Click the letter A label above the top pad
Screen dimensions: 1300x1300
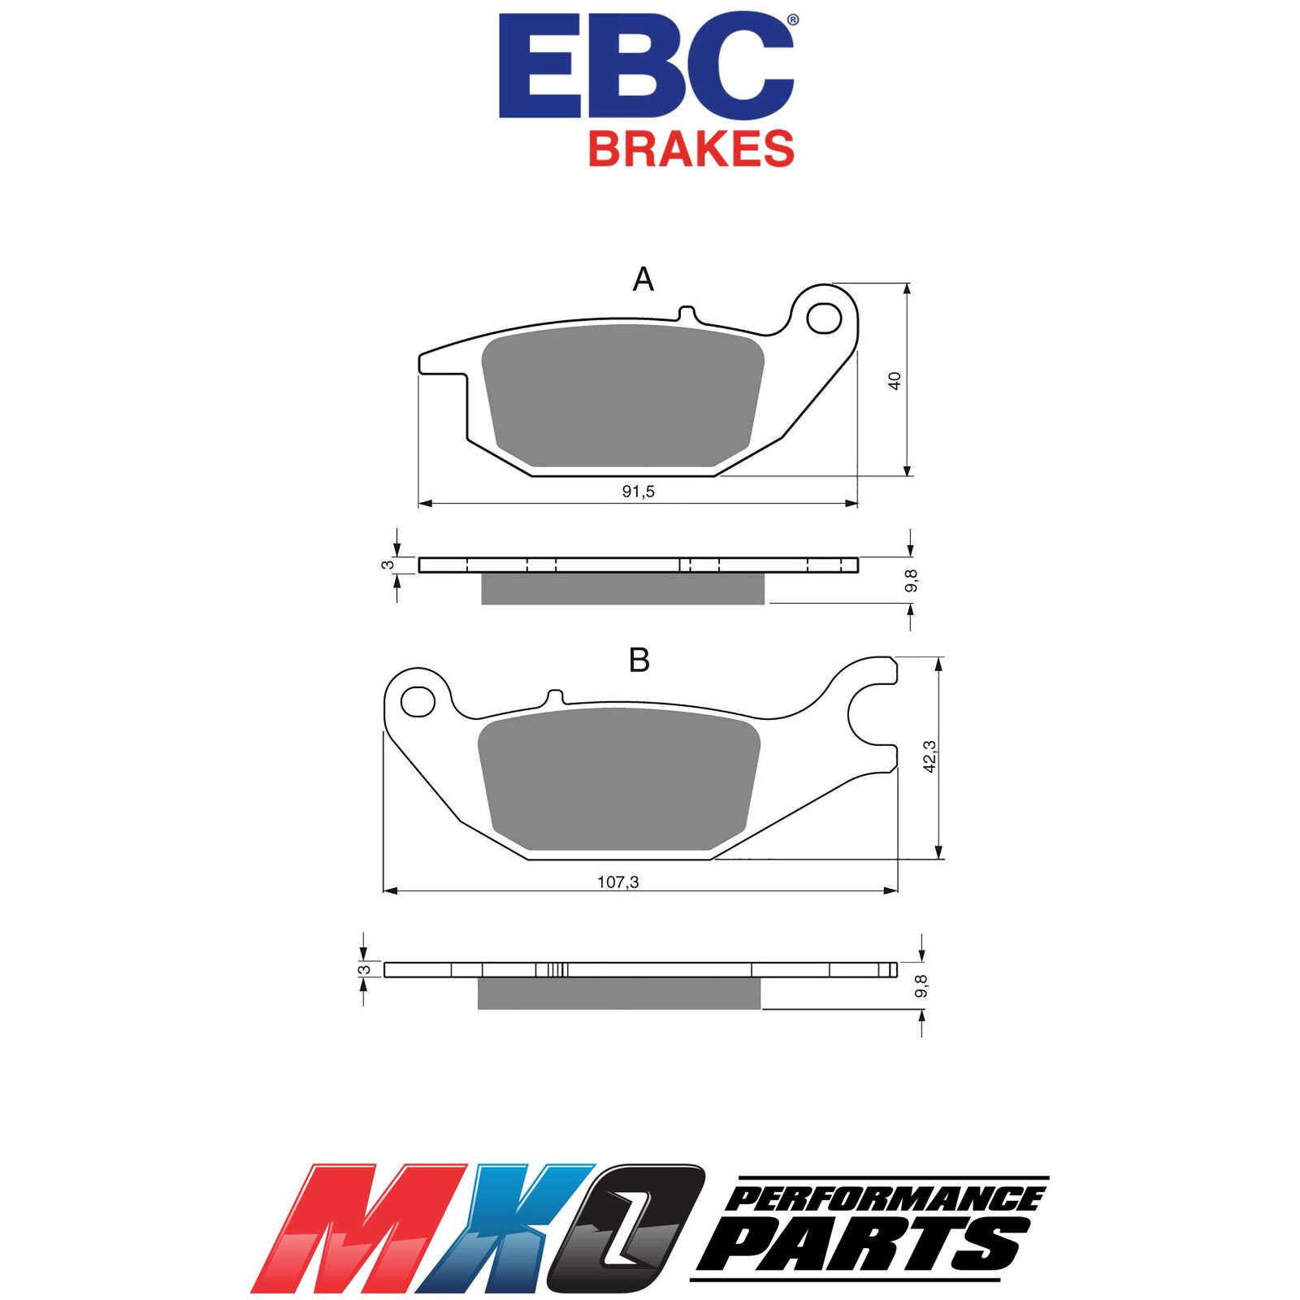point(643,279)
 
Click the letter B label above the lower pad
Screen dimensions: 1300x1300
point(639,661)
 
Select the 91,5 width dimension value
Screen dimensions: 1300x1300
point(639,492)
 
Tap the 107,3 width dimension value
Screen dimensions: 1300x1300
point(618,882)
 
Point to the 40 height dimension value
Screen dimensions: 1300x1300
point(895,380)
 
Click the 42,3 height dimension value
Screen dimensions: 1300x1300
point(931,756)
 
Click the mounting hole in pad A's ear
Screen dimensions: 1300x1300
point(824,318)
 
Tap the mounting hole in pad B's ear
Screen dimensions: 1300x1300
point(418,700)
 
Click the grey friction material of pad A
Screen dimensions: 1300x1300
point(623,396)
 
